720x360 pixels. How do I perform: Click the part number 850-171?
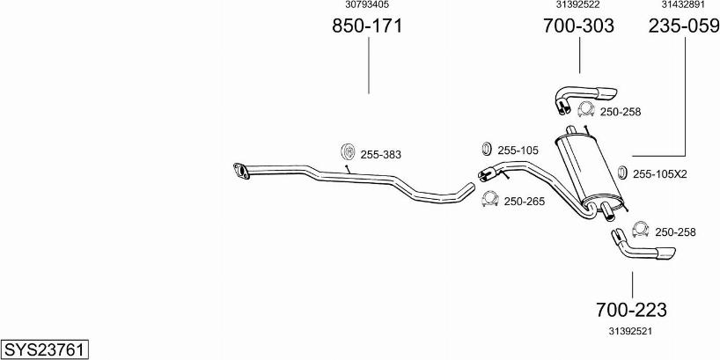pos(367,26)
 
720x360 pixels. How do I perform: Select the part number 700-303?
pos(578,26)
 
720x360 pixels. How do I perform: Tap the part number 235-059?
pos(684,26)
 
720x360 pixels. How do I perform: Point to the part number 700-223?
pos(631,310)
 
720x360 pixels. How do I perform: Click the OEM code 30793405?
pos(367,4)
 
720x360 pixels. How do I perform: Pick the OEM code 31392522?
pos(577,4)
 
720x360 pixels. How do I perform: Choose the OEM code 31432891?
pos(683,4)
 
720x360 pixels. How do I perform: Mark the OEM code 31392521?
pos(631,331)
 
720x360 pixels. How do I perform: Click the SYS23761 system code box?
pos(45,349)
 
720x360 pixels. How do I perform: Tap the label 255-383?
pos(380,155)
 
